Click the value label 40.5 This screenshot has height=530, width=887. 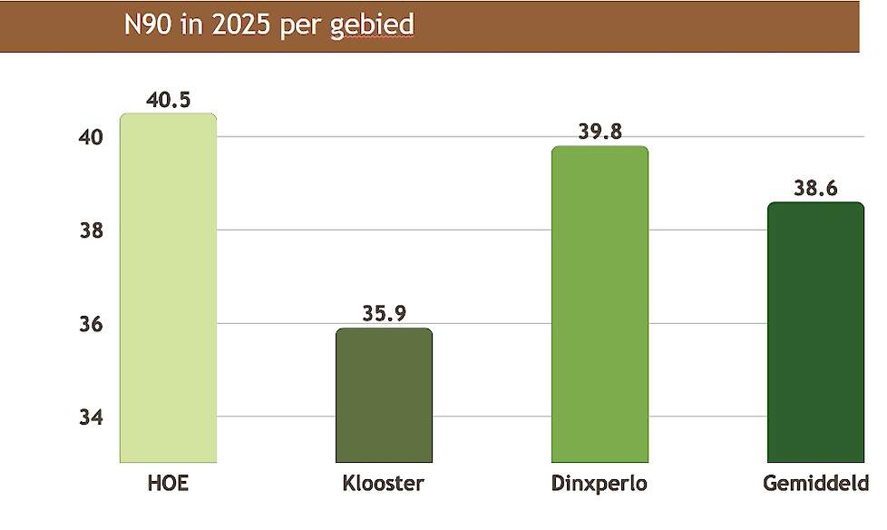pyautogui.click(x=168, y=100)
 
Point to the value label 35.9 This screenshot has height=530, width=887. pyautogui.click(x=384, y=314)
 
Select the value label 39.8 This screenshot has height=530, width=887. pyautogui.click(x=599, y=132)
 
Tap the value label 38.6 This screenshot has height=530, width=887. pyautogui.click(x=815, y=189)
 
